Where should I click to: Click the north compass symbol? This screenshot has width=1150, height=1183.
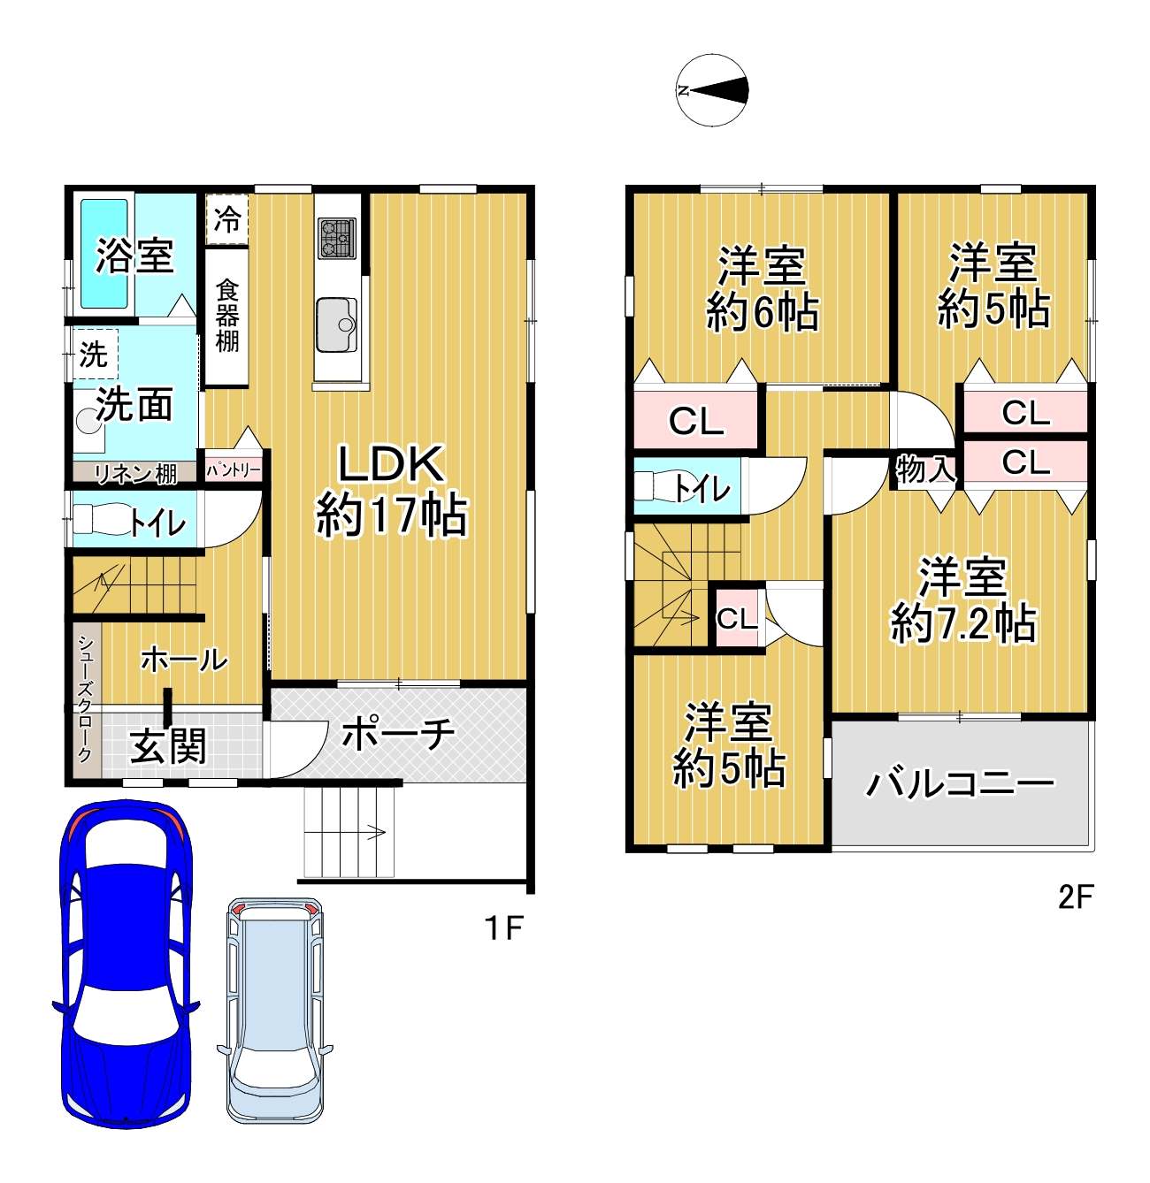[712, 90]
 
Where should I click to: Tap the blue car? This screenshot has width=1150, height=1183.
[126, 971]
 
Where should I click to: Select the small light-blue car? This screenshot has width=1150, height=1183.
[275, 1007]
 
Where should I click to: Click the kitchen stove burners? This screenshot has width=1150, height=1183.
[336, 238]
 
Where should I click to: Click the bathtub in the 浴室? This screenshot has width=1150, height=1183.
[104, 254]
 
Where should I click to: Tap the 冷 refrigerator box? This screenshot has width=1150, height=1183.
[226, 219]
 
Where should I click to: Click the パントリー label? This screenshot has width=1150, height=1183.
[234, 469]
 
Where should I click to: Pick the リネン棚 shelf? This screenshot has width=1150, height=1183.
[135, 472]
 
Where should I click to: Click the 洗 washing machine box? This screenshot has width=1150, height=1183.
[96, 354]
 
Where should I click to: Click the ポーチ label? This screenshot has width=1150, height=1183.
[398, 735]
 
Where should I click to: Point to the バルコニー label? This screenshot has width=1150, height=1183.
[961, 783]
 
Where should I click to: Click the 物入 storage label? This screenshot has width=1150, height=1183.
[924, 469]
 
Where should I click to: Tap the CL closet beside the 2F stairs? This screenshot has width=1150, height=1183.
[737, 618]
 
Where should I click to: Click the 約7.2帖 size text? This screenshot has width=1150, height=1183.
[962, 622]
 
